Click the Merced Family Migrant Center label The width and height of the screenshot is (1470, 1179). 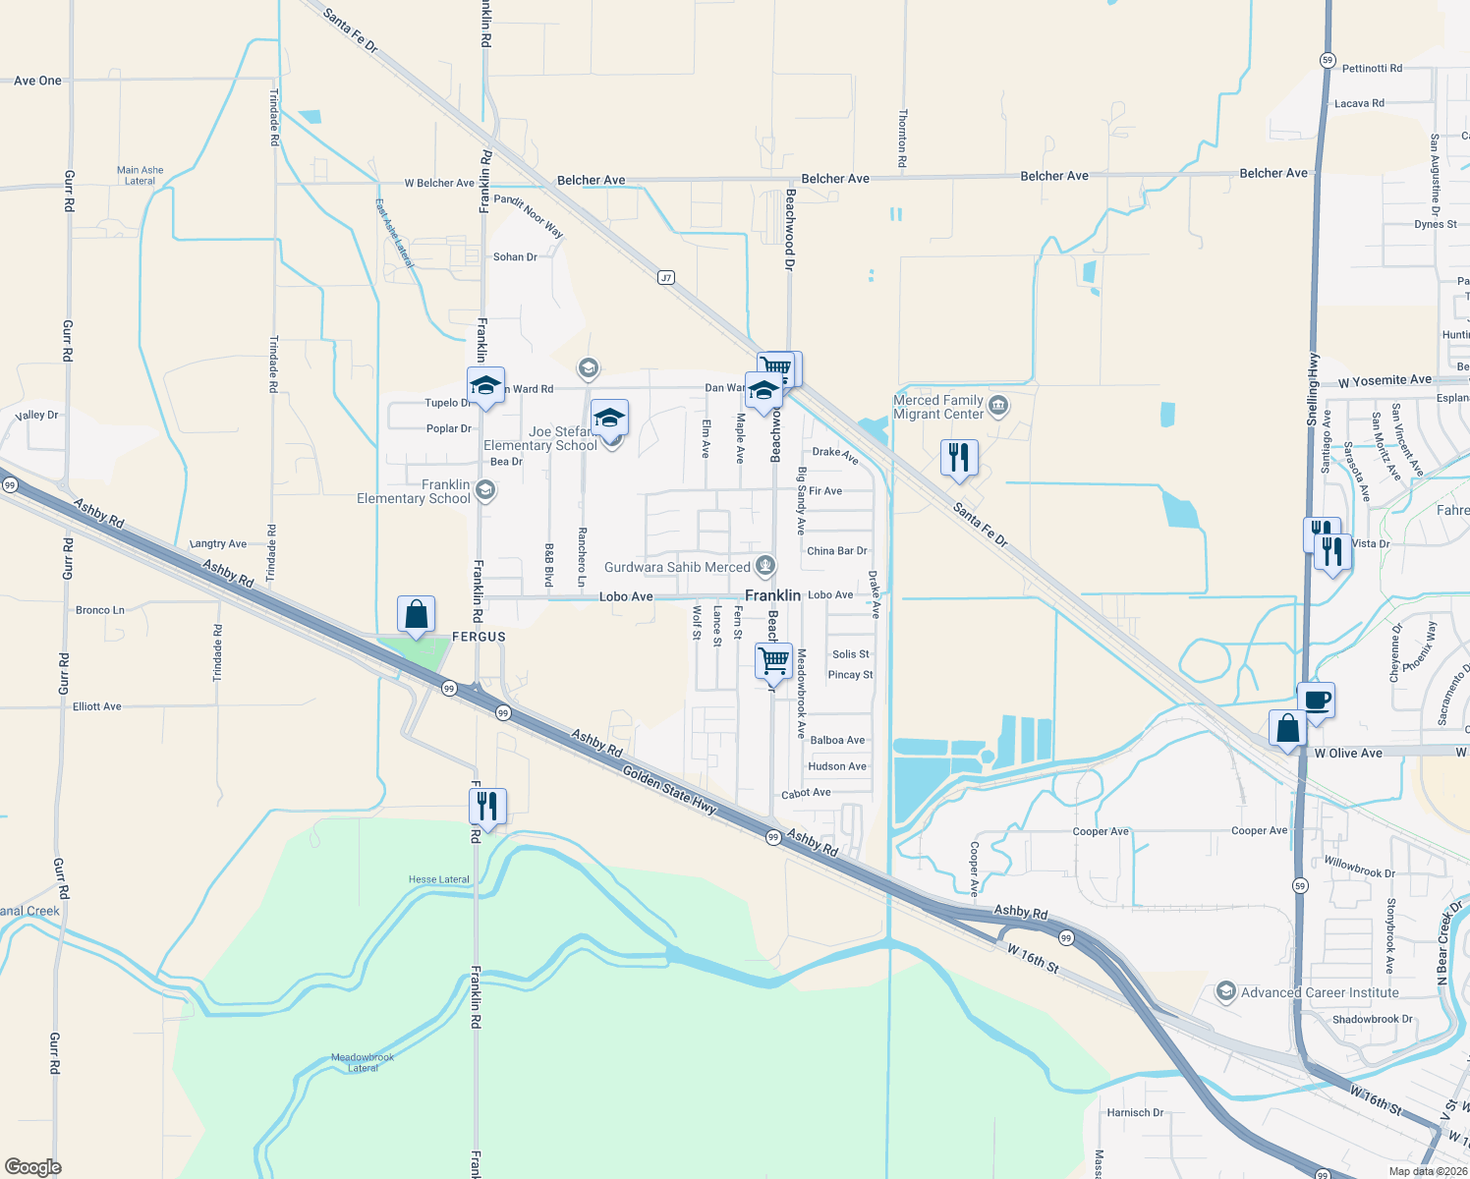click(938, 407)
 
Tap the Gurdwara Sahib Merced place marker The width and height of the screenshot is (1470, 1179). click(765, 566)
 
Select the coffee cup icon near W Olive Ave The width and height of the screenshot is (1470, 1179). click(1317, 702)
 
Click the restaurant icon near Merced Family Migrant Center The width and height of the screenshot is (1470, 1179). click(959, 458)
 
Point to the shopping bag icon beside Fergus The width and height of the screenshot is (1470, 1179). click(417, 615)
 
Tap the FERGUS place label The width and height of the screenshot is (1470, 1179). click(479, 637)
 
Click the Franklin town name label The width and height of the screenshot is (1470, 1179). click(772, 595)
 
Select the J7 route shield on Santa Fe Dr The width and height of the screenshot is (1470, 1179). click(666, 278)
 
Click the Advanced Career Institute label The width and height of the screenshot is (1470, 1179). click(1320, 992)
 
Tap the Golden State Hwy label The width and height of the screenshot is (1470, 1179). click(669, 790)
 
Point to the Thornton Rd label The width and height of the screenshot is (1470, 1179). click(902, 137)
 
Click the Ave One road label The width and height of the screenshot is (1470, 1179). click(37, 81)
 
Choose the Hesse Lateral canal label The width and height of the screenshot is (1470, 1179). click(439, 879)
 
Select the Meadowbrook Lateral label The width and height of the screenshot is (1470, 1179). click(363, 1062)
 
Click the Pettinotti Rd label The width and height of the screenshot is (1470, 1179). click(1372, 69)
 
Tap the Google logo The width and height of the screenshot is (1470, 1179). click(33, 1167)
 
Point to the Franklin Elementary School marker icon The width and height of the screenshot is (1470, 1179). click(484, 489)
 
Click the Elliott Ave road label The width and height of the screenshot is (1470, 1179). click(97, 706)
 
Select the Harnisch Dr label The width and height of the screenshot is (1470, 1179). click(1135, 1112)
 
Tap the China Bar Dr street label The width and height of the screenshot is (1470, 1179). click(836, 551)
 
